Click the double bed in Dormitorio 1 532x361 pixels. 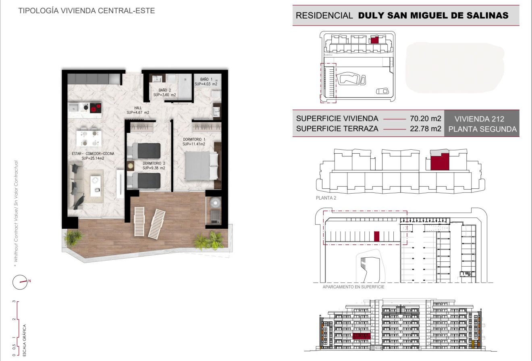202,165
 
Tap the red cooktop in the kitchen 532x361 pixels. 96,108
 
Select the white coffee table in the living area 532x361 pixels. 96,186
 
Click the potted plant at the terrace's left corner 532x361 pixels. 73,238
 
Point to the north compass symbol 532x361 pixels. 20,282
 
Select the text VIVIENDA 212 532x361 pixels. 479,119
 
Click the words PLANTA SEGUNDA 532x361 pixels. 482,129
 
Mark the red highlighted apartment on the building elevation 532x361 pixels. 362,336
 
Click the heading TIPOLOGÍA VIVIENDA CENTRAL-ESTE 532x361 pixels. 87,11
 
